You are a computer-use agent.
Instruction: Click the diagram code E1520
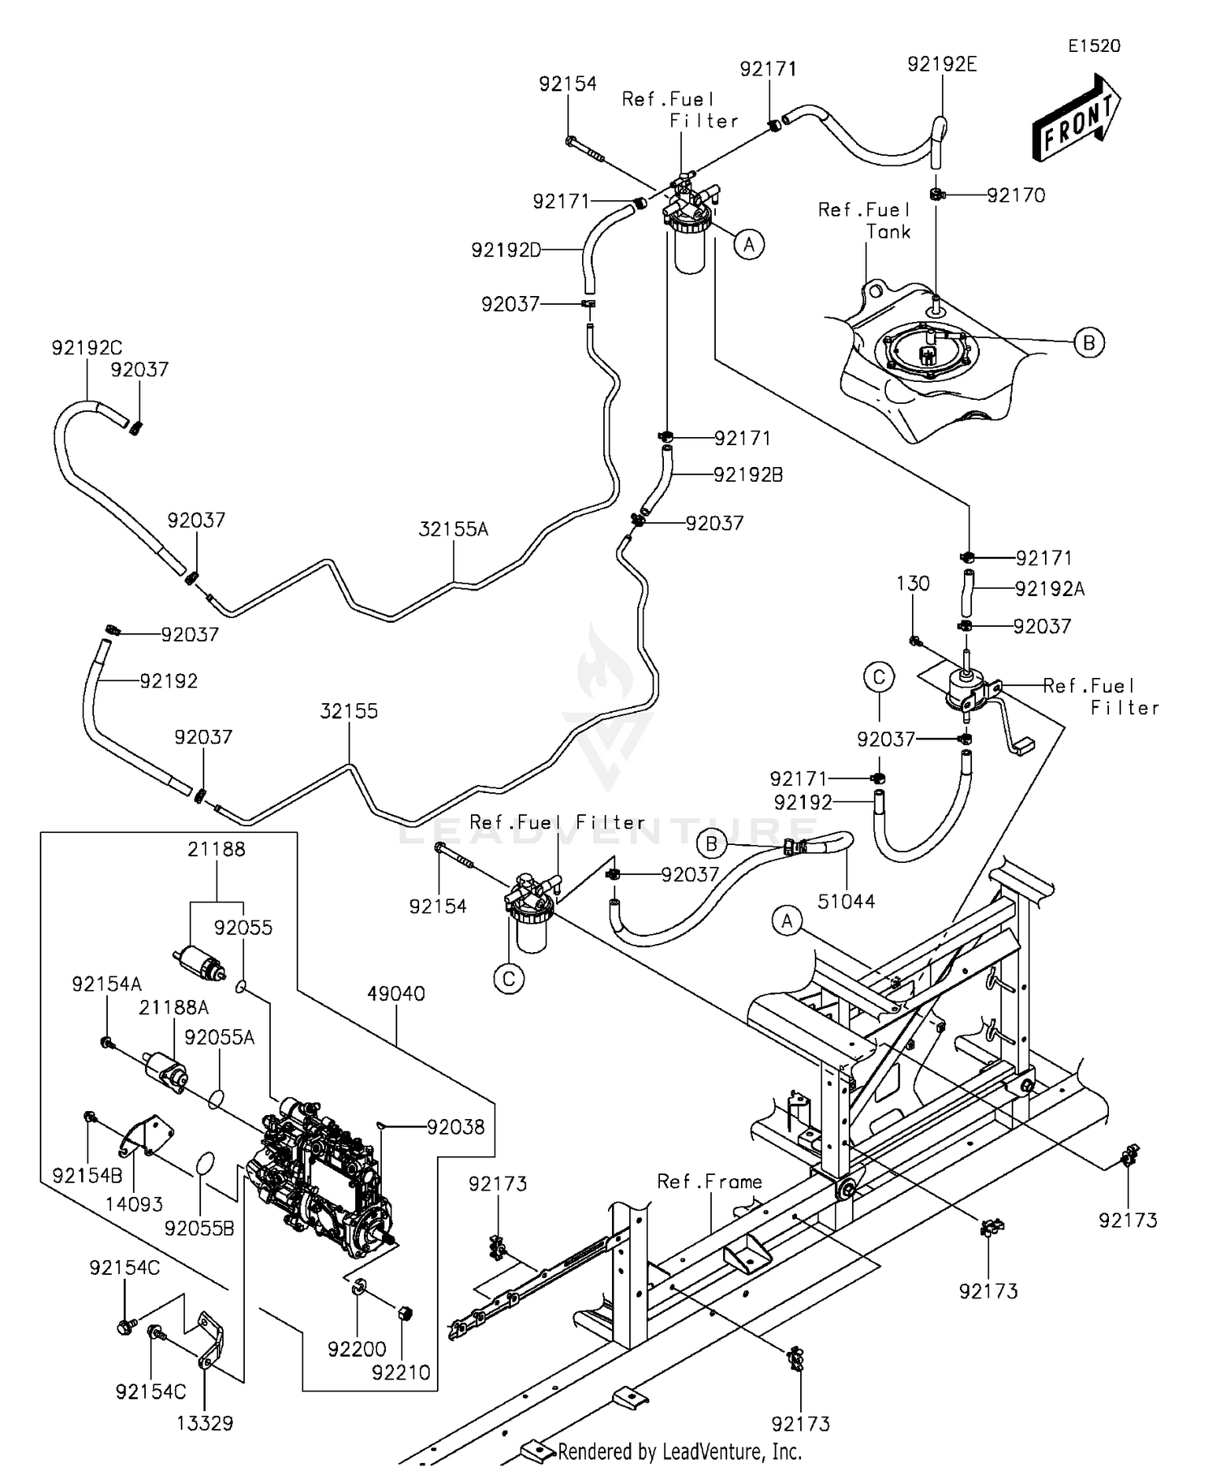point(1094,46)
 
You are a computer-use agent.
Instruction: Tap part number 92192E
point(942,64)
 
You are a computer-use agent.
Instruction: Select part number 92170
point(1016,195)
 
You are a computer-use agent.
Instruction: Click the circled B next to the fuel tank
point(1089,343)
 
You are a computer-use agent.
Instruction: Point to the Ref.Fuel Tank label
point(864,221)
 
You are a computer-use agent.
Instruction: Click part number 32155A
point(453,530)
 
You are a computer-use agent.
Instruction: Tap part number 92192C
point(87,348)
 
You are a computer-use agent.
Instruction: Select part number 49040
point(396,993)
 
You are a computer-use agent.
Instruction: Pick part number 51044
point(846,901)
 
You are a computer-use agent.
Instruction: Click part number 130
point(913,583)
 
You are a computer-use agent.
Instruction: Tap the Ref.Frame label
point(709,1182)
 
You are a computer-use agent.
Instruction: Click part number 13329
point(204,1422)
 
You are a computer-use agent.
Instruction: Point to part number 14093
point(134,1204)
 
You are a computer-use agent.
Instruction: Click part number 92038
point(456,1126)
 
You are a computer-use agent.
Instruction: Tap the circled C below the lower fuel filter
point(509,979)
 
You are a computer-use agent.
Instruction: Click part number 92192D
point(506,251)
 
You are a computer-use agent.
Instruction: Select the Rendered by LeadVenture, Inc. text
point(679,1452)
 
